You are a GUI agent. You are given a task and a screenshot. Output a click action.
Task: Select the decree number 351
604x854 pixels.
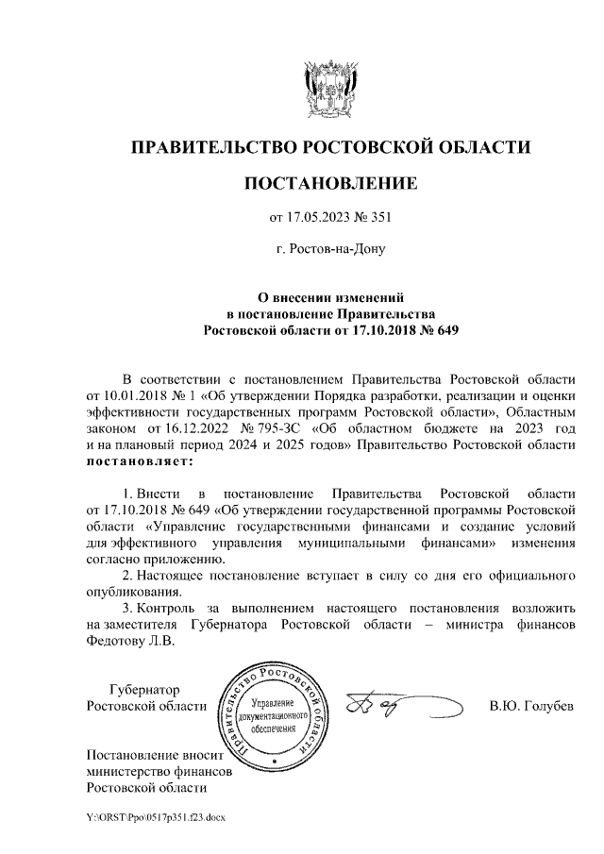tap(378, 219)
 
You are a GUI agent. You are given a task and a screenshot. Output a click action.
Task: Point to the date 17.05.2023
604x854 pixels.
tap(318, 219)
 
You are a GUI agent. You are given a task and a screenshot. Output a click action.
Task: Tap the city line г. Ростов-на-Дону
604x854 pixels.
tap(330, 250)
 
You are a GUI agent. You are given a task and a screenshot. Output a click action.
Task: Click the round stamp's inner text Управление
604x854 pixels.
tap(272, 704)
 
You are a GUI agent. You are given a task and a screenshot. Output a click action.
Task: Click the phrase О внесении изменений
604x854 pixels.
tap(330, 297)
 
